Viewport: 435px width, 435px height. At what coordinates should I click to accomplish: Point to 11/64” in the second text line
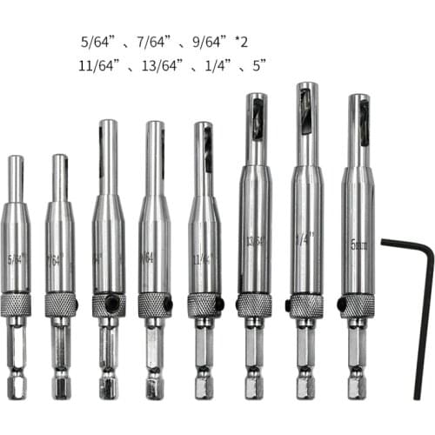(x=97, y=65)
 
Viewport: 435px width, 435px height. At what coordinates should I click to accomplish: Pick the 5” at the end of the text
(x=257, y=65)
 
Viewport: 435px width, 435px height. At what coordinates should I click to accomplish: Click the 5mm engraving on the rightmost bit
(x=358, y=245)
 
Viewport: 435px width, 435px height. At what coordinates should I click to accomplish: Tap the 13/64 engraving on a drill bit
(x=255, y=240)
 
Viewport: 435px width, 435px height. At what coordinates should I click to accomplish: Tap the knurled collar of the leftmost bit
(x=17, y=304)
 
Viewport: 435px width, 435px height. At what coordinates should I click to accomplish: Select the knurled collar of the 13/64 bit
(x=255, y=304)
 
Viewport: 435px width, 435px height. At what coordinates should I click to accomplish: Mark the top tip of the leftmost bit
(x=16, y=159)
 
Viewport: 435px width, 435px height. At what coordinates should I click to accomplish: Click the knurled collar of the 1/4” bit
(x=306, y=305)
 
